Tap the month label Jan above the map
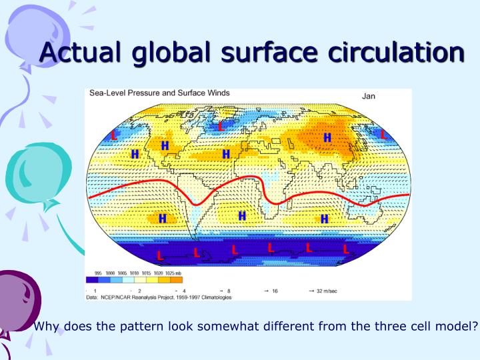[x=369, y=96]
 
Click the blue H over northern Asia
[x=327, y=137]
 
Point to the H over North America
[x=165, y=145]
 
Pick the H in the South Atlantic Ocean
[x=241, y=215]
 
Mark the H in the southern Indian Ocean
[x=325, y=218]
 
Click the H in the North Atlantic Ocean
[x=226, y=154]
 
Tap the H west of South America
[x=162, y=218]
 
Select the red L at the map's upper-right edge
[x=383, y=134]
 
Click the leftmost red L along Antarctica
[x=159, y=255]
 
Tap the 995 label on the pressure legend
[x=98, y=273]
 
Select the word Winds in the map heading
[x=215, y=93]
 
